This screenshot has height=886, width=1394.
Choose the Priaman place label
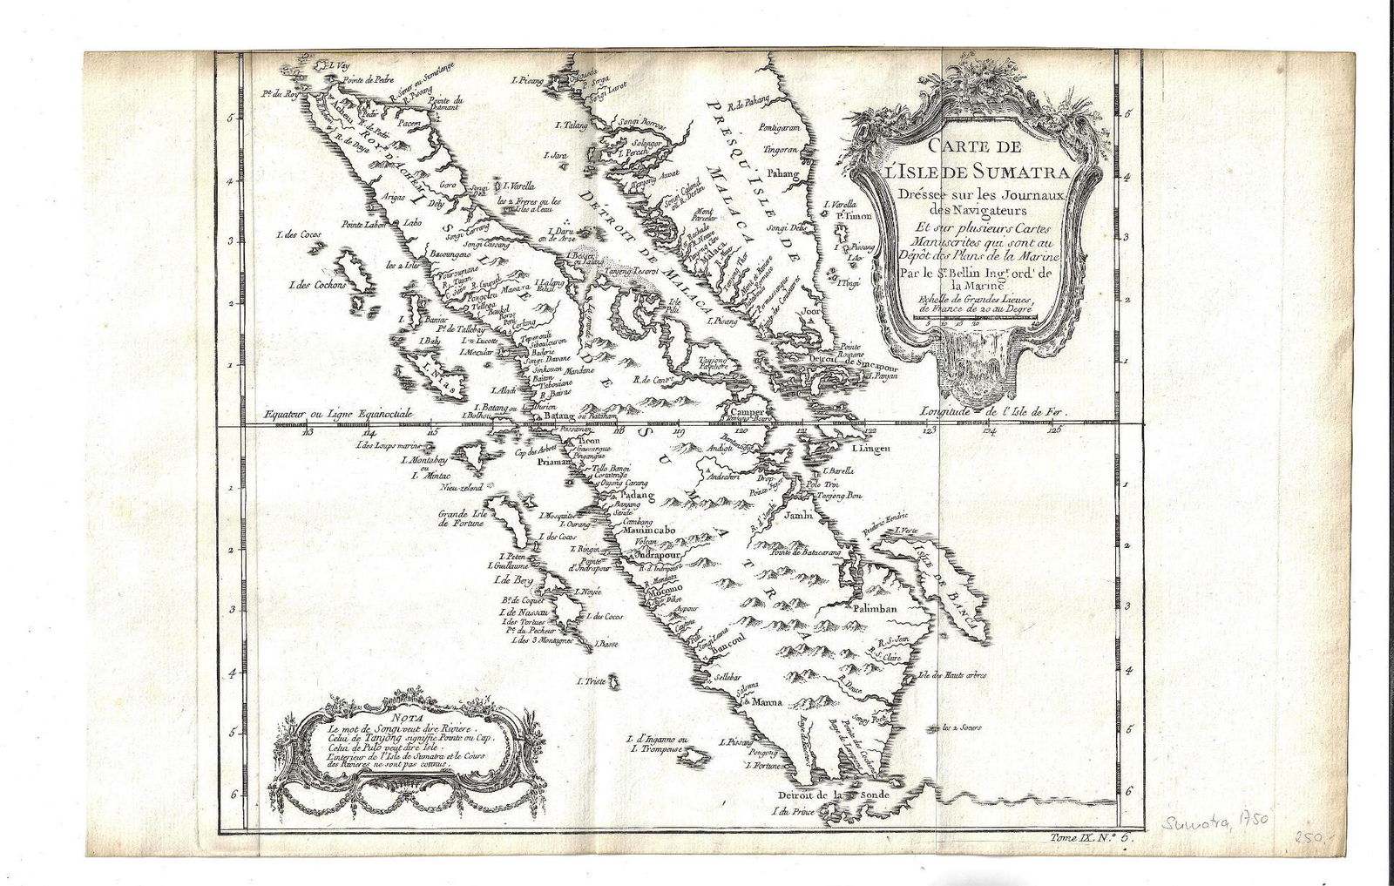552,464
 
